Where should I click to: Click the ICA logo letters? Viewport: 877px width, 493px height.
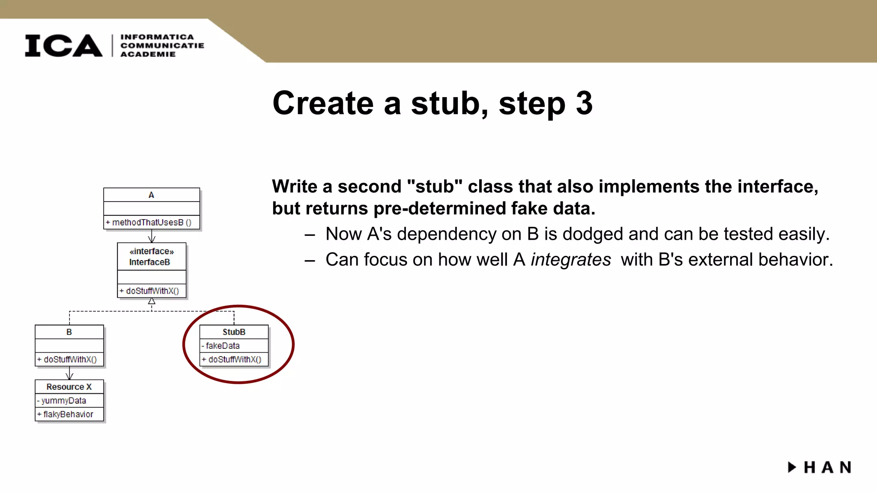(x=63, y=45)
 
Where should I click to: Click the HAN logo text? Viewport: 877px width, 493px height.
(x=827, y=467)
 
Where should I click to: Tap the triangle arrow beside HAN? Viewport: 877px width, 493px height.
(x=792, y=467)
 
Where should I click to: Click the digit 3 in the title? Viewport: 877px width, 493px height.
(x=584, y=103)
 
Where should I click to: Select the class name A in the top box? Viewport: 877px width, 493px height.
(x=151, y=195)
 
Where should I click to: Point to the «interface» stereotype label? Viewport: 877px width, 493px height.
(x=152, y=251)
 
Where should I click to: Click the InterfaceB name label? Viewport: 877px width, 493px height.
(x=149, y=262)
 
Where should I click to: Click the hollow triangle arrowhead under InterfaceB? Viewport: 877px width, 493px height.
(x=152, y=301)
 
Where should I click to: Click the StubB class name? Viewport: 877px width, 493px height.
(x=234, y=332)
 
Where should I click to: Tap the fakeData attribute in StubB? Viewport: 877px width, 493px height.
(x=222, y=346)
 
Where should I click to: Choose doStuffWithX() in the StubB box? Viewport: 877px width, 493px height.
(x=234, y=359)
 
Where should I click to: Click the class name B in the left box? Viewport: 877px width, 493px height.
(x=69, y=332)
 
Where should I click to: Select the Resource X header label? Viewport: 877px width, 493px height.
(x=69, y=387)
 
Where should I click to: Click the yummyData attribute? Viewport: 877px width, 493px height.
(x=63, y=401)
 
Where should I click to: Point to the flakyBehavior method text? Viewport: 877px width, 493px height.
(x=68, y=414)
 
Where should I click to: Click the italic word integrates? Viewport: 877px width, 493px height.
(x=570, y=260)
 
